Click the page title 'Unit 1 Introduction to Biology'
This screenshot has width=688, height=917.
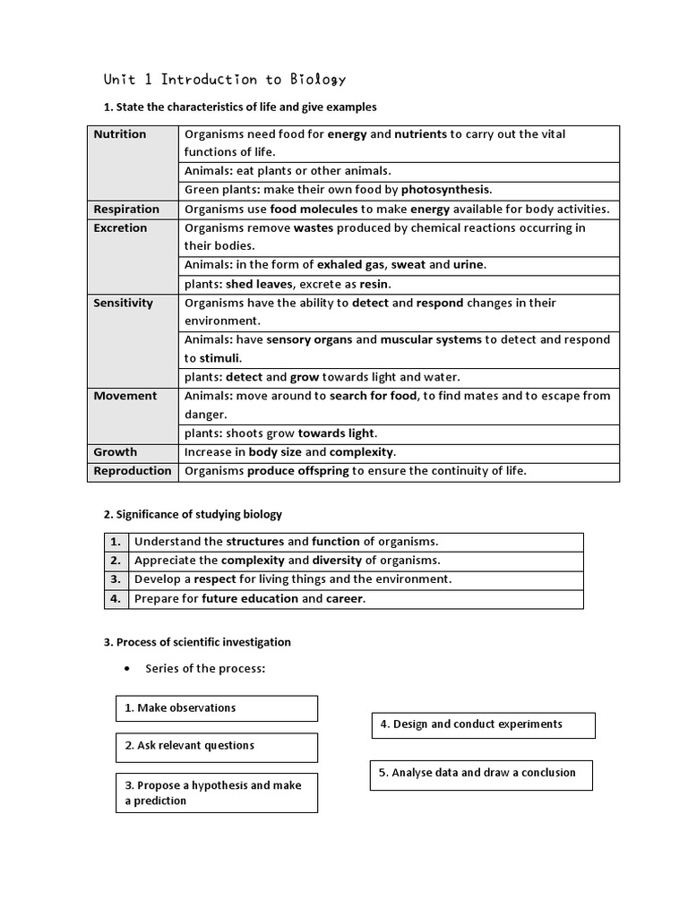point(225,79)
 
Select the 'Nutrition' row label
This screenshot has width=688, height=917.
point(120,134)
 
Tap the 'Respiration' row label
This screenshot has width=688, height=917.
point(126,210)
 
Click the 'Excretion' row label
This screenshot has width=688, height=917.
point(120,228)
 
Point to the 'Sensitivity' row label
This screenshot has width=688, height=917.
point(123,303)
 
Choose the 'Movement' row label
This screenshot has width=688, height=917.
point(125,396)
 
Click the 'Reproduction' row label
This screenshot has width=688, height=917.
point(132,471)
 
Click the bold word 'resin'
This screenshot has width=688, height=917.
point(374,284)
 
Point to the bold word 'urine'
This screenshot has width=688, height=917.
point(469,265)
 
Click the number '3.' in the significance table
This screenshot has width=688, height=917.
point(116,579)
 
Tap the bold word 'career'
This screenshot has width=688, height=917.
point(345,599)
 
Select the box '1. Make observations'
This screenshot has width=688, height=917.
point(216,707)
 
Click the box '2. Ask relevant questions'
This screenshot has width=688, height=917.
point(216,746)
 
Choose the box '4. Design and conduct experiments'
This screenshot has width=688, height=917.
point(483,724)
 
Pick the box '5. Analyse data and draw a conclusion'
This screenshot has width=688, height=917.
point(481,773)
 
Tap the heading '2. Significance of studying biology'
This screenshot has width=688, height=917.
point(193,514)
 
